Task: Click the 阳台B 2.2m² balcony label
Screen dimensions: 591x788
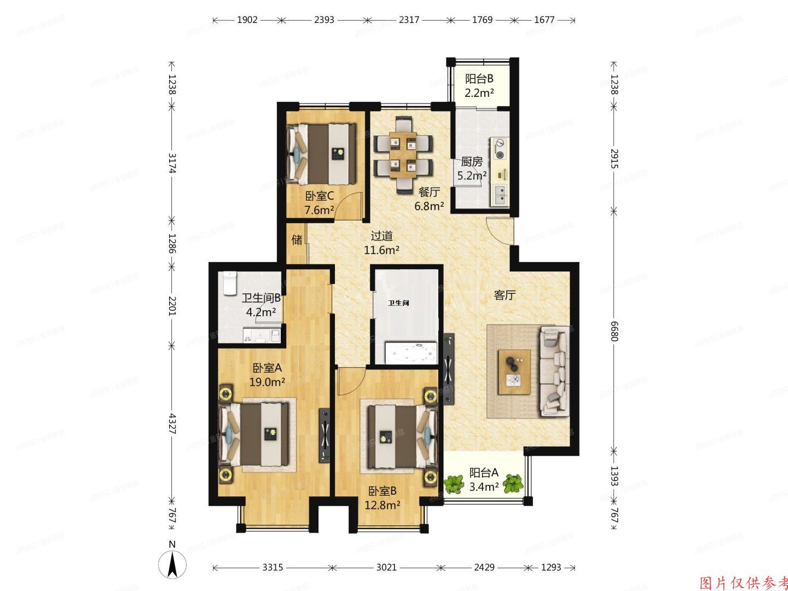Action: pos(479,86)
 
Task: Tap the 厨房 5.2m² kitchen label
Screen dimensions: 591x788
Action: pos(472,169)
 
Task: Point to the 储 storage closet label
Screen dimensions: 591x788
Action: pos(297,240)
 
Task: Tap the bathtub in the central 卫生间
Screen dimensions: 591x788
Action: pos(411,352)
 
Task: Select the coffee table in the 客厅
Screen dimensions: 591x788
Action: pos(514,372)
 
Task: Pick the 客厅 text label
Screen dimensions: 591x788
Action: pos(505,296)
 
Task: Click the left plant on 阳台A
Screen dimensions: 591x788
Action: pos(454,483)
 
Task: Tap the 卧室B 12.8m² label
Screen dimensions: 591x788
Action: pos(382,498)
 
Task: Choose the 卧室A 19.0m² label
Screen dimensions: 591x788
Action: pos(267,375)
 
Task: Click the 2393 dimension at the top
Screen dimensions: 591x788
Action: pos(324,20)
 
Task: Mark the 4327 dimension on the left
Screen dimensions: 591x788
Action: pos(172,422)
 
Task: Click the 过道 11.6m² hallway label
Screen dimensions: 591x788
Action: pos(381,243)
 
